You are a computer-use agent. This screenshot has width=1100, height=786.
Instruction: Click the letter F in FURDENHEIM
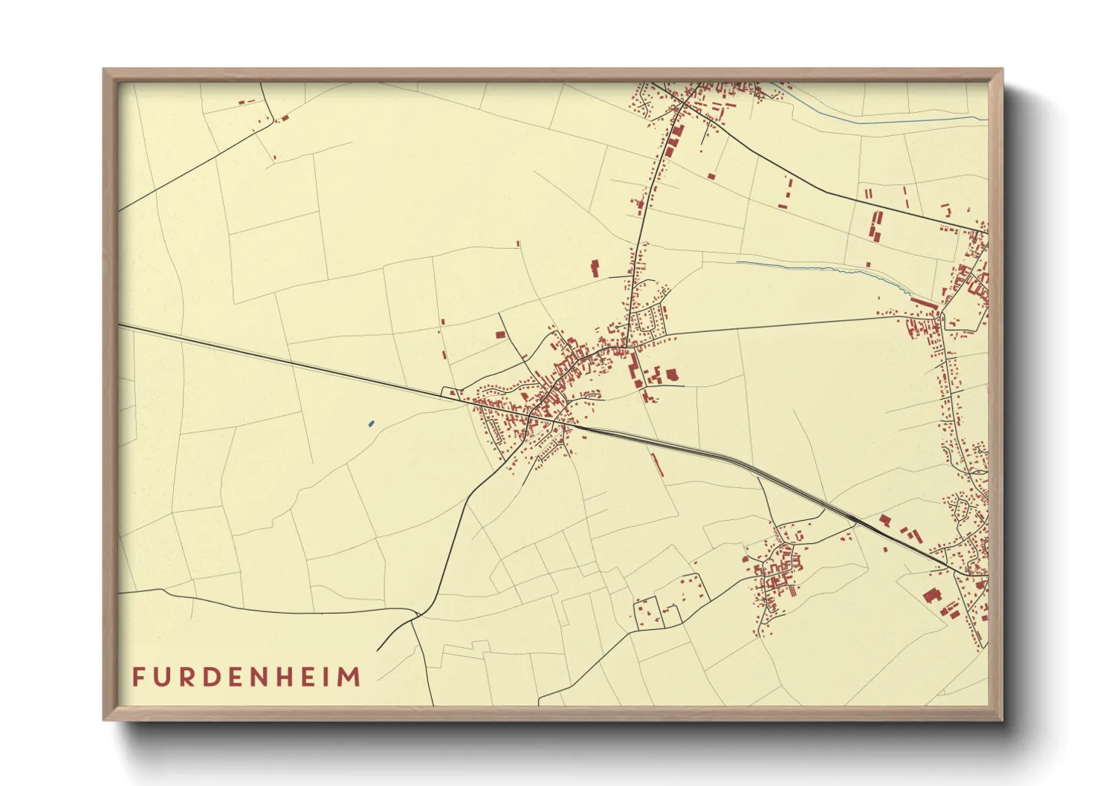tap(139, 678)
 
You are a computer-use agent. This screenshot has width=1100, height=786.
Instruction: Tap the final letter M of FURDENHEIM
tap(350, 678)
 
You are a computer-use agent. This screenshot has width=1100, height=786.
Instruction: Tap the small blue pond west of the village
tap(371, 424)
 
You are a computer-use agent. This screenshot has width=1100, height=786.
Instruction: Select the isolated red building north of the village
tap(595, 268)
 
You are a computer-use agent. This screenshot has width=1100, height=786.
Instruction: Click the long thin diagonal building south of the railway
tap(657, 465)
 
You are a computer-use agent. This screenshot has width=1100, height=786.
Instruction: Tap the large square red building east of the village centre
tap(672, 375)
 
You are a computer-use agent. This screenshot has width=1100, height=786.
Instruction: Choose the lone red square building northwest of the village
tap(500, 335)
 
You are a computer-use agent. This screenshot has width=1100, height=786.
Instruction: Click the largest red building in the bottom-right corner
tap(931, 595)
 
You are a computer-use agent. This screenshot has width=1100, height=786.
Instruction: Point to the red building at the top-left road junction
tap(284, 117)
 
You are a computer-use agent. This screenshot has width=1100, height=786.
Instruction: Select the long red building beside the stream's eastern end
tap(923, 303)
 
